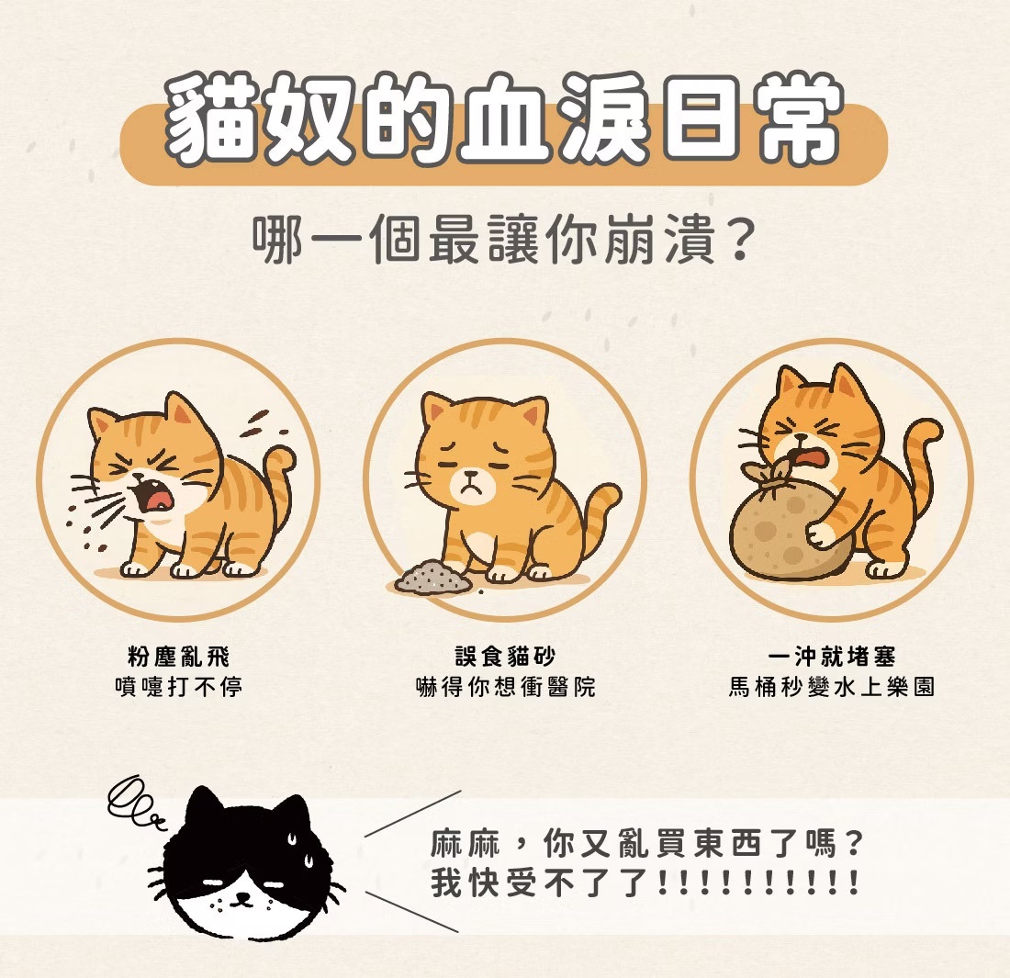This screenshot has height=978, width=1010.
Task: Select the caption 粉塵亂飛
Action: click(178, 658)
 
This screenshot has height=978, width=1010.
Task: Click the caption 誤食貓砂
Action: click(505, 658)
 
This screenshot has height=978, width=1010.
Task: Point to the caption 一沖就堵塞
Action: click(832, 658)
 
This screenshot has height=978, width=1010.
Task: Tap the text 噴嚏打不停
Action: click(178, 687)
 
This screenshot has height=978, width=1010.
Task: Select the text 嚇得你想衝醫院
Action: click(505, 687)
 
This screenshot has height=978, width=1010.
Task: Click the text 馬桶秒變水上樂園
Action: click(832, 687)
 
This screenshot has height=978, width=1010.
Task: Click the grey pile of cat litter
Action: click(432, 577)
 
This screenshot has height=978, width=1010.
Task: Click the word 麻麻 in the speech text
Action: click(466, 843)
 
